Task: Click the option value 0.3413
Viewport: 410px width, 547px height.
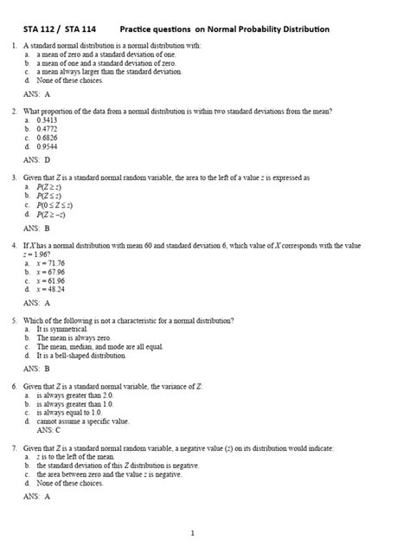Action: [48, 120]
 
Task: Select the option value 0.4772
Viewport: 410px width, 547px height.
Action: [48, 129]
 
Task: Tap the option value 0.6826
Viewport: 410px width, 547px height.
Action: [48, 138]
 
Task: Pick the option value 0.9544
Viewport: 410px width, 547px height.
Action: [48, 146]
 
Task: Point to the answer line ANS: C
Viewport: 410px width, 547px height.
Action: [48, 429]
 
